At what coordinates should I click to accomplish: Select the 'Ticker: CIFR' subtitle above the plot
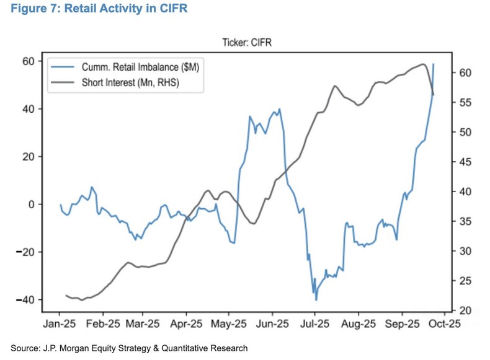pos(247,43)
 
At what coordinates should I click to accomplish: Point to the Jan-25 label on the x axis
pos(60,323)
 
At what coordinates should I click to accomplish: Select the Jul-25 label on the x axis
pos(314,323)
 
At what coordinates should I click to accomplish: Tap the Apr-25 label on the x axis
pos(186,323)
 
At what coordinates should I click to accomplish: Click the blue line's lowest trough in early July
pos(316,300)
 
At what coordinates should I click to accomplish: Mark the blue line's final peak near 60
pos(434,64)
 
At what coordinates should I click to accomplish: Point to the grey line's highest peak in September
pos(422,64)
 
